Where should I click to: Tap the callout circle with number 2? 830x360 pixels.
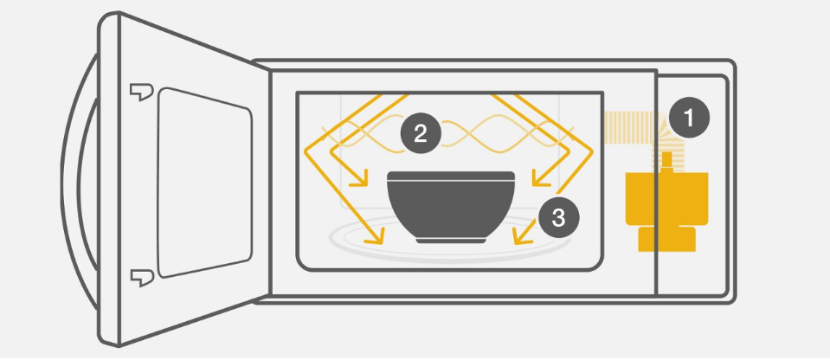tap(421, 133)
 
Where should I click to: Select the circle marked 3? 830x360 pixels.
tap(558, 217)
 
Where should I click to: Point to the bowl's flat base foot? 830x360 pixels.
tap(451, 239)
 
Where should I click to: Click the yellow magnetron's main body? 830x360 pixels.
tap(666, 199)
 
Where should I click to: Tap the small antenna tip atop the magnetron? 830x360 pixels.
tap(667, 157)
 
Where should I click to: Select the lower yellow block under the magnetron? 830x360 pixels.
tap(666, 239)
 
